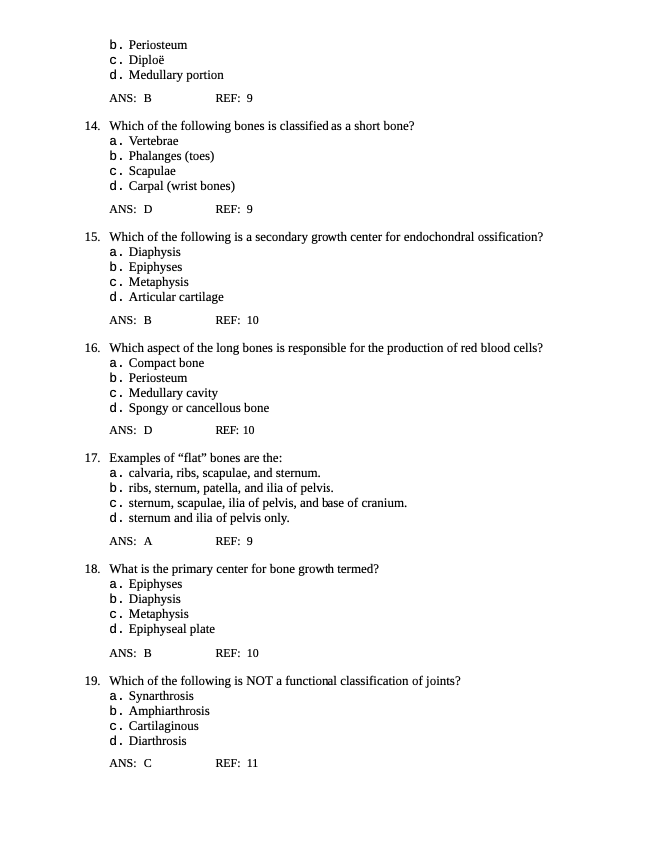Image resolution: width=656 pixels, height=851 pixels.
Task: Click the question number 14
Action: tap(91, 126)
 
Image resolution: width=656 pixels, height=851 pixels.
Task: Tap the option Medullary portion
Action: tap(175, 75)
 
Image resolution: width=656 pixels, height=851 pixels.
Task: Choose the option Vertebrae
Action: tap(153, 141)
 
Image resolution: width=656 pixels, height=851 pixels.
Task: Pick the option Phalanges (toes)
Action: tap(171, 156)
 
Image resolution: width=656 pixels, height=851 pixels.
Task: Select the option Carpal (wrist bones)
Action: tap(181, 186)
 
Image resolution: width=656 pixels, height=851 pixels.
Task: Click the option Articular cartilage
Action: tap(176, 297)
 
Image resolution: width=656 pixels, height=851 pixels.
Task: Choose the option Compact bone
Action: tap(166, 363)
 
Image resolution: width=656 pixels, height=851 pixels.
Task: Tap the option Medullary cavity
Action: tap(173, 393)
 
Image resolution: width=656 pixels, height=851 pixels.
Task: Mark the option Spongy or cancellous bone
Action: tap(198, 408)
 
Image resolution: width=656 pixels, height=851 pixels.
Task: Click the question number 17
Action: tap(91, 458)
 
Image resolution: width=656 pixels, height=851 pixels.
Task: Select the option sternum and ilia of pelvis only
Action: tap(208, 518)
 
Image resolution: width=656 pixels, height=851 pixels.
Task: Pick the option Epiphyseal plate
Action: tap(171, 629)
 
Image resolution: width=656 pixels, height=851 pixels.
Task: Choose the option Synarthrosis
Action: tap(161, 696)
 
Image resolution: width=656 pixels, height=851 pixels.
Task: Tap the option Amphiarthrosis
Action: tap(169, 711)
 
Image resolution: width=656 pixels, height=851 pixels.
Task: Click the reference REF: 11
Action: tap(236, 764)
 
